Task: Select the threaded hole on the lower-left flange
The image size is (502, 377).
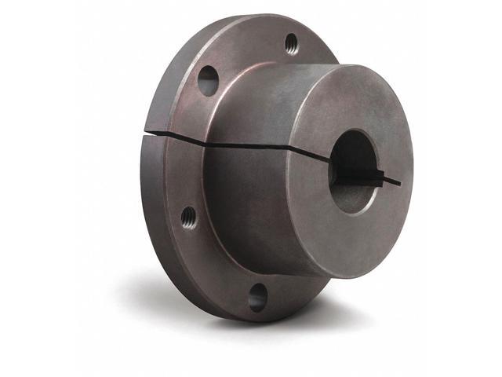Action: (x=188, y=217)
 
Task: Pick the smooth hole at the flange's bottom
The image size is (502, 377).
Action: (x=257, y=296)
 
